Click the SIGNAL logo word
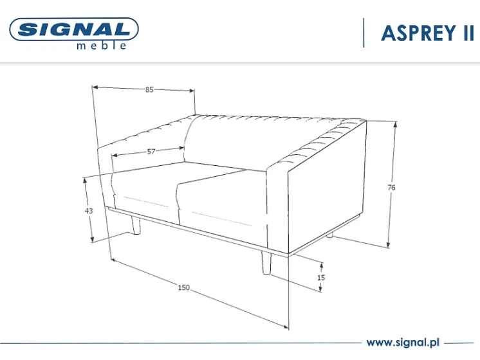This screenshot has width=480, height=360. (x=74, y=30)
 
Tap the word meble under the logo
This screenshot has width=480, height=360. (x=102, y=45)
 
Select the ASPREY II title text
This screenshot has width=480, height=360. (x=428, y=33)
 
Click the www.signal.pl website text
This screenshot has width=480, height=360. (x=403, y=342)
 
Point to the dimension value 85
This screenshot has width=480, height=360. (x=149, y=89)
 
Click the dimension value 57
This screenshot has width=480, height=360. (x=151, y=152)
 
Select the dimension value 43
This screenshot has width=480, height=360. (x=89, y=211)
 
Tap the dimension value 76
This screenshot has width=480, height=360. (x=391, y=188)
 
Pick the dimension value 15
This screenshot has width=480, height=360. (x=321, y=278)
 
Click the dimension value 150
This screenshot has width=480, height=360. (x=183, y=287)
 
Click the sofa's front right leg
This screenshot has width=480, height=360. (x=266, y=263)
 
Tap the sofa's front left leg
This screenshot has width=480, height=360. (x=136, y=225)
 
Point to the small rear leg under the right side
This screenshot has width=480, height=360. (x=329, y=235)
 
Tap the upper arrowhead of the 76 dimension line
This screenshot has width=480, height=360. (x=396, y=125)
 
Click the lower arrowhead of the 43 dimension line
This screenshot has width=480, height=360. (x=93, y=239)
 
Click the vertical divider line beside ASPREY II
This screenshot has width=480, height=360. (x=364, y=33)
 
